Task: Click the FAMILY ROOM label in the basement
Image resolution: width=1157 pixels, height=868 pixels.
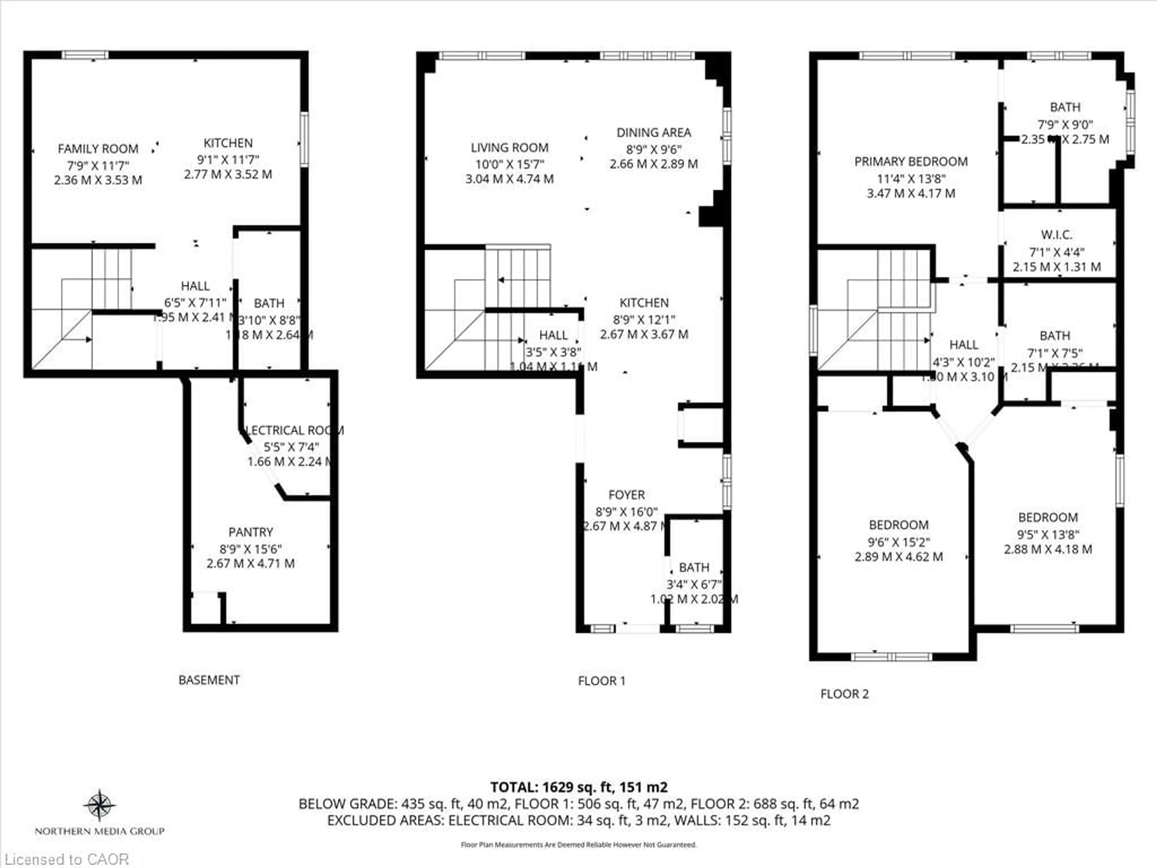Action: point(98,149)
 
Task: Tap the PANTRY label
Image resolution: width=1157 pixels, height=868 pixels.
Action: point(251,532)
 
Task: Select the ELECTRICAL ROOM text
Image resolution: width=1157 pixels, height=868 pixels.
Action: point(294,430)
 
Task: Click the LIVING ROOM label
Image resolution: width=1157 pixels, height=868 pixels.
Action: point(510,148)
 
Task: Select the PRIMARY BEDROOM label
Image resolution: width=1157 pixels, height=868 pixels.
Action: point(911,162)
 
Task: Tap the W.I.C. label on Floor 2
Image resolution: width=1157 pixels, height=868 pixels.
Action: point(1056,235)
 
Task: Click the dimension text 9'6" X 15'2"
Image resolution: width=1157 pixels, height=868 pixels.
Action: point(898,542)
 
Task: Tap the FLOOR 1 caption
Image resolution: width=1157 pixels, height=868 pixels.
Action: point(601,681)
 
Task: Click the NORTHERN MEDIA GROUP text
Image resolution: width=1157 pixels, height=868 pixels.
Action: point(99,831)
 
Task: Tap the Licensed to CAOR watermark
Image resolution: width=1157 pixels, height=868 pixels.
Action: point(66,859)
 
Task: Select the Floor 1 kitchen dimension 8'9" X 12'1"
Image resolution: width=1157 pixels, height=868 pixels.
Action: point(644,319)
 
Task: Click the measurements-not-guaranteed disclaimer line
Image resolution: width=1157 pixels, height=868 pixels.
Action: point(578,844)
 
